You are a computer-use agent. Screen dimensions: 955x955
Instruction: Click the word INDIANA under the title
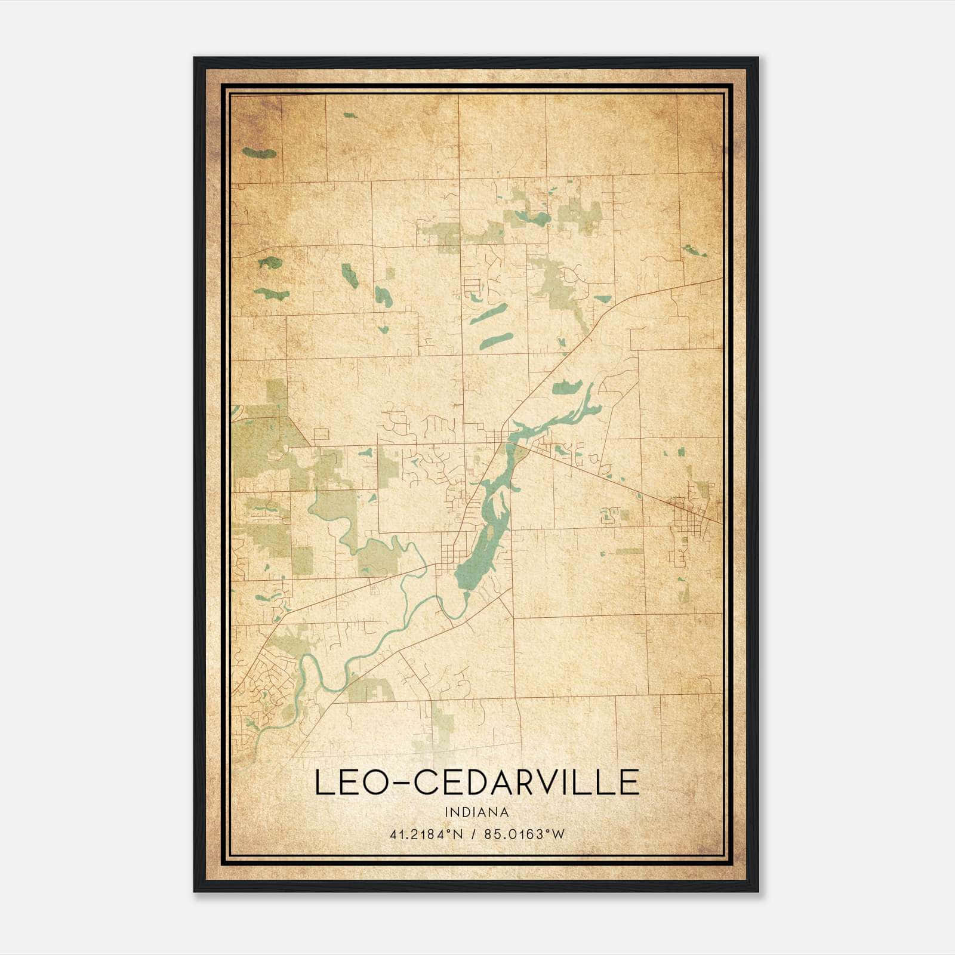pyautogui.click(x=476, y=812)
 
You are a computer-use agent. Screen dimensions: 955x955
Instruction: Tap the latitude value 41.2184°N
pyautogui.click(x=426, y=834)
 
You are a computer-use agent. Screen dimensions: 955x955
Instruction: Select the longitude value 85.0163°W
pyautogui.click(x=524, y=834)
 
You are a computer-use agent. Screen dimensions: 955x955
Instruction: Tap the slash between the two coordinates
pyautogui.click(x=473, y=834)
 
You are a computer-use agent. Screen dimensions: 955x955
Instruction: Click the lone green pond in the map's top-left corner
pyautogui.click(x=260, y=153)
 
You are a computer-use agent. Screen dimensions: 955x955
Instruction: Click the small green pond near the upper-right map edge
pyautogui.click(x=694, y=250)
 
